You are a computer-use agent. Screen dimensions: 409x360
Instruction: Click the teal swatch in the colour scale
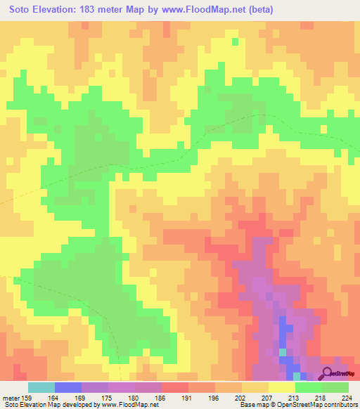click(41, 387)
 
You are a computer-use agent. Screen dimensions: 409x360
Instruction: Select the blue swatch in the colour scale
click(68, 387)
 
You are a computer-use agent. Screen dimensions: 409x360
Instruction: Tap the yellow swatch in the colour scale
click(281, 387)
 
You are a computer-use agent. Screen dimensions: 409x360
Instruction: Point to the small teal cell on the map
click(283, 352)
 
